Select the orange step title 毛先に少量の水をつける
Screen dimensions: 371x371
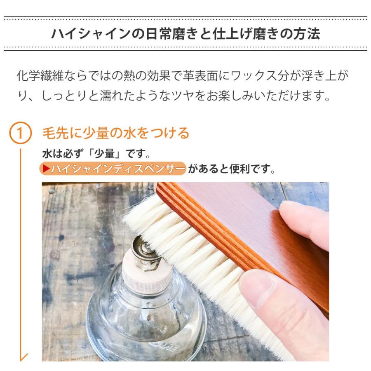[116, 134]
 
